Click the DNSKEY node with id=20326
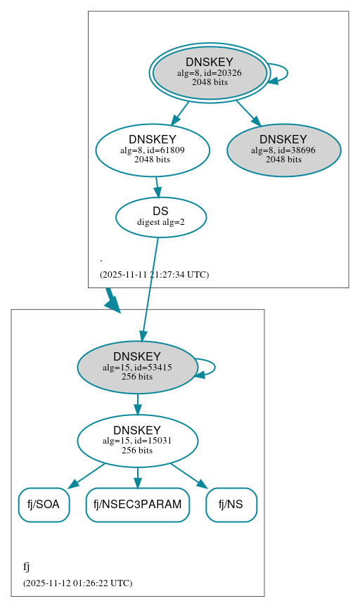tap(210, 72)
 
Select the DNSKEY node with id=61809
tap(153, 150)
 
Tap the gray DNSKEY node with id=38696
tap(283, 150)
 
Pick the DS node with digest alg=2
tap(161, 217)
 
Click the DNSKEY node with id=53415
tap(137, 367)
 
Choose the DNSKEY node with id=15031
tap(137, 441)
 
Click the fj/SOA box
tap(44, 505)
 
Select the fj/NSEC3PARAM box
tap(138, 505)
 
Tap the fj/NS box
tap(231, 505)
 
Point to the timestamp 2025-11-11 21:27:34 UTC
tap(154, 274)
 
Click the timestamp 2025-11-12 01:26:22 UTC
tap(77, 583)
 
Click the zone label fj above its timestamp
tap(27, 567)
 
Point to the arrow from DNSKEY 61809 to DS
tap(157, 186)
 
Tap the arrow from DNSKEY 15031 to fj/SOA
tap(86, 475)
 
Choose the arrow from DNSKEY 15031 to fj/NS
tap(188, 475)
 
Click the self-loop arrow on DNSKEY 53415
tap(211, 367)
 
